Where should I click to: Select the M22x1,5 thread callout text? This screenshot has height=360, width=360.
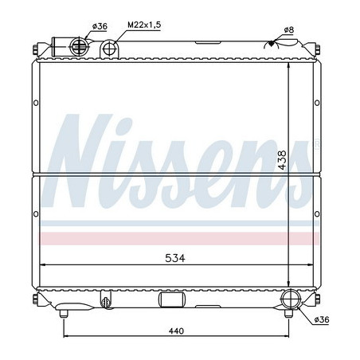click(144, 26)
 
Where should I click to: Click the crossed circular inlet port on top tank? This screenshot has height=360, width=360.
click(80, 45)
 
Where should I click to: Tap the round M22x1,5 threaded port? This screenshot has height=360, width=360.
click(111, 49)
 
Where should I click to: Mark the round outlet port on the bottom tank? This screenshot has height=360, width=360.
click(292, 300)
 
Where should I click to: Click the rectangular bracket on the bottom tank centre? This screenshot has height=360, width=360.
click(171, 300)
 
